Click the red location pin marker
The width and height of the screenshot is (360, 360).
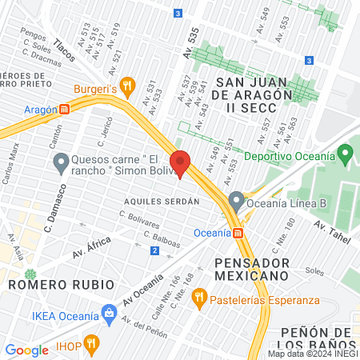click(x=180, y=163)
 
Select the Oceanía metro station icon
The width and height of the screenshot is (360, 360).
click(x=238, y=233)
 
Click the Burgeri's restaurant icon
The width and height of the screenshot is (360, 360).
click(x=126, y=86)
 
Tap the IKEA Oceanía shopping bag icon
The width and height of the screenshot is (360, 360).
click(x=107, y=314)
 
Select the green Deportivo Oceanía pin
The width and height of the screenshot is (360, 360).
click(x=345, y=151)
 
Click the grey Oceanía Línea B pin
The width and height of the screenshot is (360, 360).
click(x=236, y=201)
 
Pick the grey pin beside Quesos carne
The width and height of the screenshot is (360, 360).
click(x=61, y=164)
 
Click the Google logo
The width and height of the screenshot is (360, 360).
click(x=26, y=350)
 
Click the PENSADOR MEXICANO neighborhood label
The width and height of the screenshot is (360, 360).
click(x=250, y=269)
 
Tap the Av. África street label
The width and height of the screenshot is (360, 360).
click(x=91, y=250)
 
